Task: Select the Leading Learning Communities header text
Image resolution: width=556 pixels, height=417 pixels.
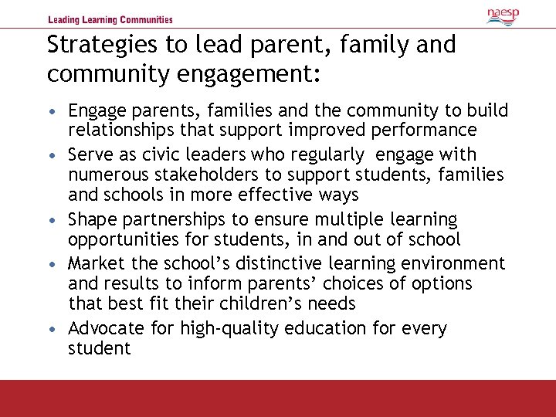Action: point(110,20)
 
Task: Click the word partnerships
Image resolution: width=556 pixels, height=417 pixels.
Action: point(174,220)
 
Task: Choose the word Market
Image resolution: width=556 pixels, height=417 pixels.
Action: point(95,264)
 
